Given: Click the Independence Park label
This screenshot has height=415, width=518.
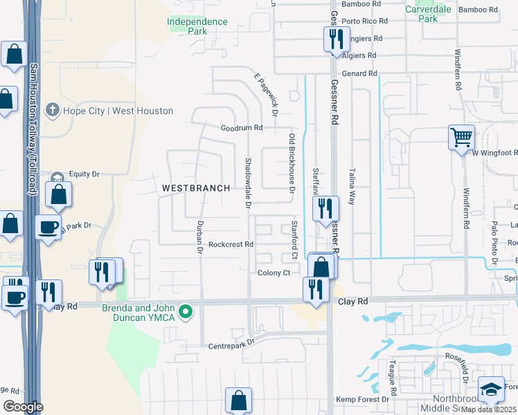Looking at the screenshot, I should [197, 26].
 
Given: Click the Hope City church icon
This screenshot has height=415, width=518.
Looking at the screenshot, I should [52, 111].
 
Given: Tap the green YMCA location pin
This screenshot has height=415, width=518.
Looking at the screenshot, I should [185, 313].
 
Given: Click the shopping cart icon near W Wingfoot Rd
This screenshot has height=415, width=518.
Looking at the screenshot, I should [461, 136].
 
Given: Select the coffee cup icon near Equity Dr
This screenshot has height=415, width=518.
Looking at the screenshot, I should [48, 228].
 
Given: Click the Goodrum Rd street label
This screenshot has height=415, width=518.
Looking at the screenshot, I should [242, 128].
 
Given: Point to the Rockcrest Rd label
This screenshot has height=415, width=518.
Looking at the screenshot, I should [231, 244].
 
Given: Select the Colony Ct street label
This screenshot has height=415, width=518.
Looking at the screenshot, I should [274, 273].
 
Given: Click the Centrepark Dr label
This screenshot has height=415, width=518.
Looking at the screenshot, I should [231, 342].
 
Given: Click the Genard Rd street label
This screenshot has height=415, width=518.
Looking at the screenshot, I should [359, 73].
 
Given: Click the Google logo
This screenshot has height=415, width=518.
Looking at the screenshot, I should [23, 407].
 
